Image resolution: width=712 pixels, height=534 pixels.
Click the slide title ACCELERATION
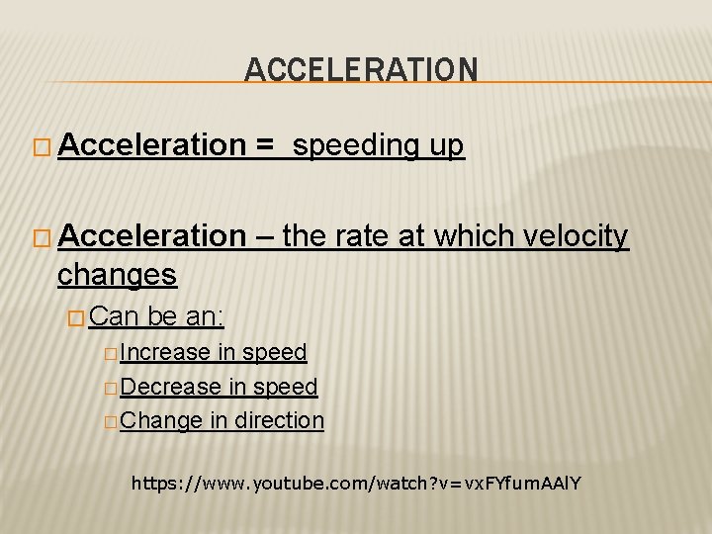(x=361, y=69)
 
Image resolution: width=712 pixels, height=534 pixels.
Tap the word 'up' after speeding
(x=446, y=146)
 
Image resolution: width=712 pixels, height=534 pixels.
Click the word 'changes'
(x=117, y=274)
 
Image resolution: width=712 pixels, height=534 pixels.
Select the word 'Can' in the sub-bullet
(x=116, y=316)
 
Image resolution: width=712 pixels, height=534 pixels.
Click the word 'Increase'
(x=165, y=352)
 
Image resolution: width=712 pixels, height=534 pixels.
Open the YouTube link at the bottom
(x=356, y=485)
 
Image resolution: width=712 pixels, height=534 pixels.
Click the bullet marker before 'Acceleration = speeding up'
(x=41, y=147)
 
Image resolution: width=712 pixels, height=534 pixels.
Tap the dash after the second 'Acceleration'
(x=265, y=235)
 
